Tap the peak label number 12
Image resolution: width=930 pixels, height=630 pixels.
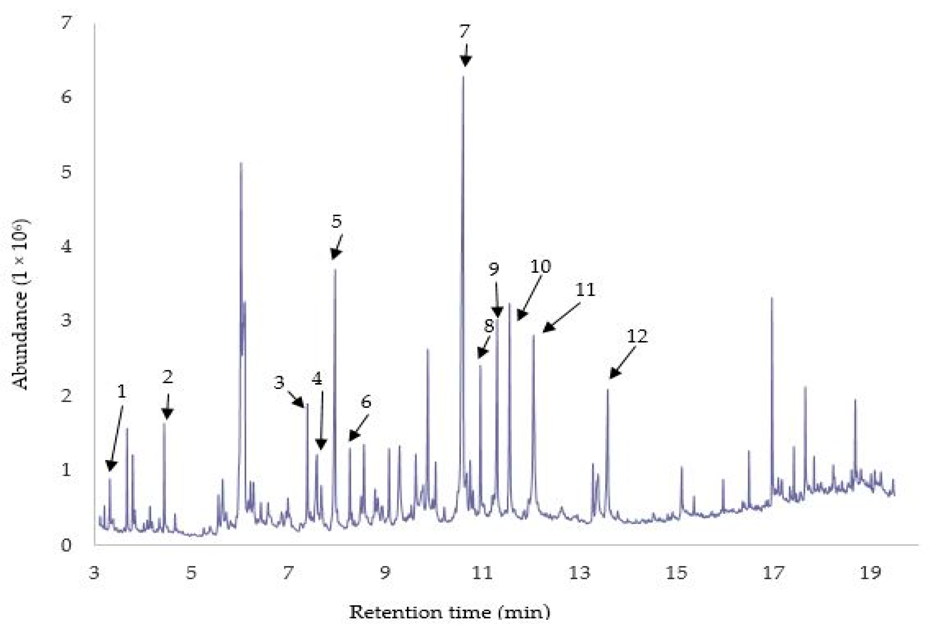(637, 336)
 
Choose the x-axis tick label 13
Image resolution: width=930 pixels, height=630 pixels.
(580, 574)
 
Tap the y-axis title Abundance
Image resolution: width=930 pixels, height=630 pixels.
(21, 304)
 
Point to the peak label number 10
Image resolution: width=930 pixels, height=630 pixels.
(540, 266)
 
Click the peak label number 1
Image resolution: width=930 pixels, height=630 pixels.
(122, 391)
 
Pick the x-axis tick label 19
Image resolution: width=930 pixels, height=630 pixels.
(870, 574)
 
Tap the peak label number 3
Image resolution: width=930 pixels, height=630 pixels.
(279, 383)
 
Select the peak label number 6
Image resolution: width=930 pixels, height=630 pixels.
(366, 402)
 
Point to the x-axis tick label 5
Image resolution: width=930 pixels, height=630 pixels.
(191, 574)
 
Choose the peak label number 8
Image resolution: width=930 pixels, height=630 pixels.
(489, 326)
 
